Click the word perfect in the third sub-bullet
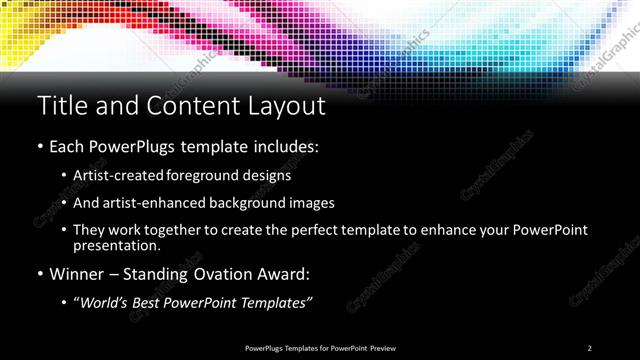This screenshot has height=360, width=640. pyautogui.click(x=299, y=230)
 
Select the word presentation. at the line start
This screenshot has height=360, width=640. pyautogui.click(x=116, y=245)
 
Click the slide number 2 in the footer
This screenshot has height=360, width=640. pyautogui.click(x=590, y=347)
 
